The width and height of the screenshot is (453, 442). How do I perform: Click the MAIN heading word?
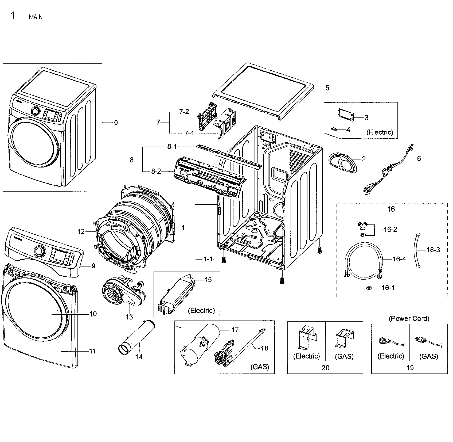[36, 17]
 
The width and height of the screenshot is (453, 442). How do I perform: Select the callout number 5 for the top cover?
[327, 88]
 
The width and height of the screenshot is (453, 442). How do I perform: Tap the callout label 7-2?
[184, 112]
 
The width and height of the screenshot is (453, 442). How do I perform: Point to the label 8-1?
[172, 147]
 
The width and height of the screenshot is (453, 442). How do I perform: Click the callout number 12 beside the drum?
[81, 231]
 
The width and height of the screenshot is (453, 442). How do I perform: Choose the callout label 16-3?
[433, 250]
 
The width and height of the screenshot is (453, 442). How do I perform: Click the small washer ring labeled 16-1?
[369, 288]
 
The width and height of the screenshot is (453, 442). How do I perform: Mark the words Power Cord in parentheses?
[409, 318]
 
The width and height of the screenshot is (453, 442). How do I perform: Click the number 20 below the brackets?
[325, 368]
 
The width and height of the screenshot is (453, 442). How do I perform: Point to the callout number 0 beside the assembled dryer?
[116, 123]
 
